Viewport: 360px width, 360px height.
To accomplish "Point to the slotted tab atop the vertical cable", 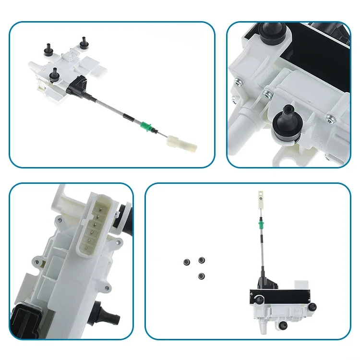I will [x=261, y=194].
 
